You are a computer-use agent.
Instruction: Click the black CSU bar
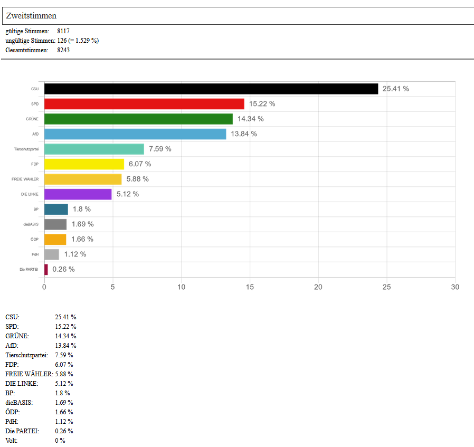coord(211,89)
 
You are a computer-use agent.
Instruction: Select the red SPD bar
coord(144,104)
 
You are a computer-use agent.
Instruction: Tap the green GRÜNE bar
coord(138,119)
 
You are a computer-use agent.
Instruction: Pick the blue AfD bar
coord(135,134)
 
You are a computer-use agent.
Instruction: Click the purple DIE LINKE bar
coord(78,194)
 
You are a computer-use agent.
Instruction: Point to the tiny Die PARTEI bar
coord(46,269)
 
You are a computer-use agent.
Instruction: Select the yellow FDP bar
coord(84,164)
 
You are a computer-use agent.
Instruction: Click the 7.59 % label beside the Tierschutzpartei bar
coord(160,149)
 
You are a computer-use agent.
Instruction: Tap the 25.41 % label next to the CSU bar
coord(396,89)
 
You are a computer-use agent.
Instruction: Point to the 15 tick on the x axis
coord(250,287)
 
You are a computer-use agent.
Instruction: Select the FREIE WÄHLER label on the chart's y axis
coord(25,179)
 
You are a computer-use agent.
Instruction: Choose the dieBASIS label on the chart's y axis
coord(31,224)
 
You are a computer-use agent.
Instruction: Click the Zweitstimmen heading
coord(31,16)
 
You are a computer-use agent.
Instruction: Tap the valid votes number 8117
coord(63,31)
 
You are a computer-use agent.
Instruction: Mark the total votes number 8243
coord(63,50)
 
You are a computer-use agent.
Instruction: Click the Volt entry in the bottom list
coord(12,440)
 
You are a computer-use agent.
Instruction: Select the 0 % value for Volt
coord(60,440)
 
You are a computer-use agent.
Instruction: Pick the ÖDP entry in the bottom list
coord(13,412)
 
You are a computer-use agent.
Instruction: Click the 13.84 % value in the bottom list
coord(65,345)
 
